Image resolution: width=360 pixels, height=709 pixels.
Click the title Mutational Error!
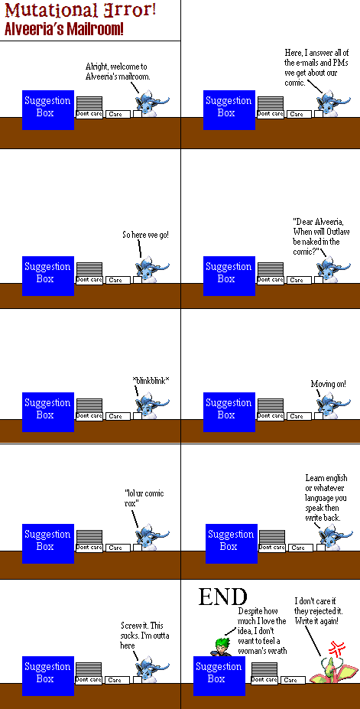point(80,11)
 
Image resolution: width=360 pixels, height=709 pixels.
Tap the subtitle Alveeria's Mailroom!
point(64,30)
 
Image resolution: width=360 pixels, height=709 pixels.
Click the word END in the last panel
point(222,597)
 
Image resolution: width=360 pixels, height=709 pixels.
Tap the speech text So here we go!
point(145,235)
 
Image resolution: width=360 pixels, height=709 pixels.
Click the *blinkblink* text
point(151,381)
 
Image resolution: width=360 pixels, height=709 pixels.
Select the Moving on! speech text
point(329,384)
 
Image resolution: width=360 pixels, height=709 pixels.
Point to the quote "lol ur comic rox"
point(144,498)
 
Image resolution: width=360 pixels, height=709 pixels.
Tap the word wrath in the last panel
point(277,651)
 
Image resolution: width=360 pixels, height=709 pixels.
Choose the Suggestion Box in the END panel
point(219,672)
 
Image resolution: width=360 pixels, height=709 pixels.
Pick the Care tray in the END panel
point(293,680)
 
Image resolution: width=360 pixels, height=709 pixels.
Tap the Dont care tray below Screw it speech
point(89,680)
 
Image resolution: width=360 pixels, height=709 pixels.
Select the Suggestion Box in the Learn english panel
point(231,540)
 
